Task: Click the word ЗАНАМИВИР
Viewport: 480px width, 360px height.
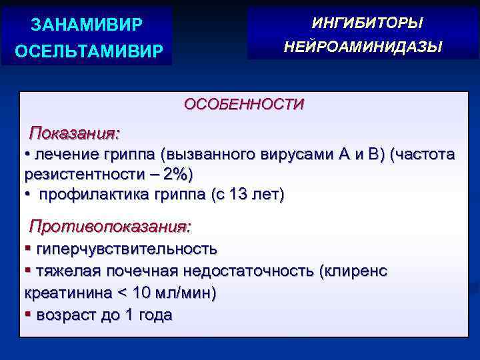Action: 87,25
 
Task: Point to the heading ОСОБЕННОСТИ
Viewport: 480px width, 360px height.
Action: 244,104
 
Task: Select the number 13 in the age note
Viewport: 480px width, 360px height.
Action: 238,195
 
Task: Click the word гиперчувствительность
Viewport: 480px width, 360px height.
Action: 127,249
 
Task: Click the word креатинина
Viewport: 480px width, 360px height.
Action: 62,293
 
